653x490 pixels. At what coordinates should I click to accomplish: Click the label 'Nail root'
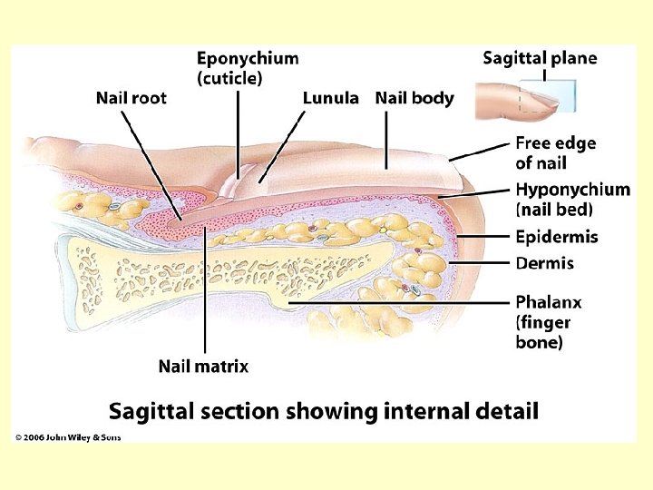(x=132, y=98)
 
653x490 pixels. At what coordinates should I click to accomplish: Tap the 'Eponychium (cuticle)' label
(x=248, y=68)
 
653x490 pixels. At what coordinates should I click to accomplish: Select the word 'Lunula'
(x=330, y=98)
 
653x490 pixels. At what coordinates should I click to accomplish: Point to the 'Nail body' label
(x=414, y=98)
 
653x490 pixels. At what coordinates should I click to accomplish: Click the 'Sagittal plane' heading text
(x=540, y=58)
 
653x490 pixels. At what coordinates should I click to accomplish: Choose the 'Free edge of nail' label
(x=556, y=152)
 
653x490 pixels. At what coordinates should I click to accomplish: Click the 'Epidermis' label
(x=557, y=238)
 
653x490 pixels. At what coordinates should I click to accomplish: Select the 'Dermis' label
(x=544, y=263)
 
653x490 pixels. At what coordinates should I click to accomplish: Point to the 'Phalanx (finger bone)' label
(x=548, y=322)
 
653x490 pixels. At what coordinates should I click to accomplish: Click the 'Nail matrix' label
(x=203, y=367)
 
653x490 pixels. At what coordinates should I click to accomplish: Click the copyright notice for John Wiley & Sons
(x=68, y=437)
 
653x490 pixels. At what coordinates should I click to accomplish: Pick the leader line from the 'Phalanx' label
(x=399, y=301)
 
